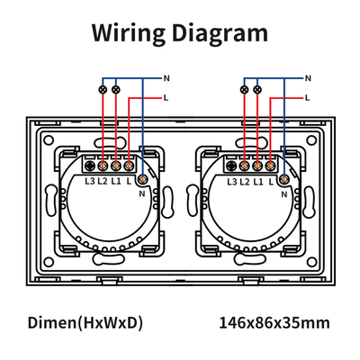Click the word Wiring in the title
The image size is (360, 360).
tap(129, 32)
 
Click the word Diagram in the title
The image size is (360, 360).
tap(220, 32)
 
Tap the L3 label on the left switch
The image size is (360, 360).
tap(90, 181)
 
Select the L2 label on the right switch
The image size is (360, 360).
tap(245, 182)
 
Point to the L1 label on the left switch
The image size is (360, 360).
tap(116, 181)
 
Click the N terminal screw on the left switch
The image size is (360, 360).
tap(143, 179)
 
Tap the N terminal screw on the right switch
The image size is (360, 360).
tap(284, 179)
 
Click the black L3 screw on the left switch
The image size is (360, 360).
tap(90, 166)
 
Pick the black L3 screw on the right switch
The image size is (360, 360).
tap(231, 166)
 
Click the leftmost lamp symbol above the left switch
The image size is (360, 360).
tap(103, 89)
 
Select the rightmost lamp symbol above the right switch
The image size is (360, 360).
tap(257, 89)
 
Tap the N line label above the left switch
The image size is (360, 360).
tap(166, 78)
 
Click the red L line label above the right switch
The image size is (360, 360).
tap(307, 98)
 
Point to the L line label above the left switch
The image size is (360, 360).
tap(166, 98)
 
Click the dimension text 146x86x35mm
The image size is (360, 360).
tap(274, 323)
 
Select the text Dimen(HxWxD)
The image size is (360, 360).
tap(85, 323)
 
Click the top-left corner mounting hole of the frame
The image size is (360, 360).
tap(49, 140)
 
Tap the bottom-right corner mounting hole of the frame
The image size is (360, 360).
tap(312, 263)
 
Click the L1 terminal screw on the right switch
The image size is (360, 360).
tap(257, 166)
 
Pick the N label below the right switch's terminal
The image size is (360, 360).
tap(284, 194)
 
